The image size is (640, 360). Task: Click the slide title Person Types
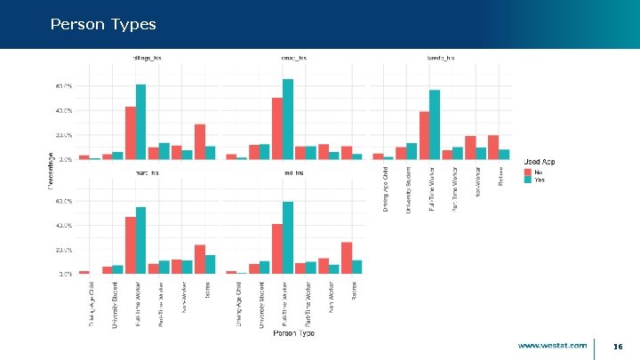(x=103, y=24)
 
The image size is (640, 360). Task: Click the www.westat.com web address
(x=552, y=345)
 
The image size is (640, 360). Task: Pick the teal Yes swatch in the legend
(x=527, y=179)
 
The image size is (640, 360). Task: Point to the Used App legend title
(x=540, y=161)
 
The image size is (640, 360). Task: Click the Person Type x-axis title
(x=293, y=332)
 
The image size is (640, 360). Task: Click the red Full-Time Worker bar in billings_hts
(x=131, y=132)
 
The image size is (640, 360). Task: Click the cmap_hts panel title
(x=293, y=57)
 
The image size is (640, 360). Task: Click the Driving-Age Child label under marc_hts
(x=91, y=303)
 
